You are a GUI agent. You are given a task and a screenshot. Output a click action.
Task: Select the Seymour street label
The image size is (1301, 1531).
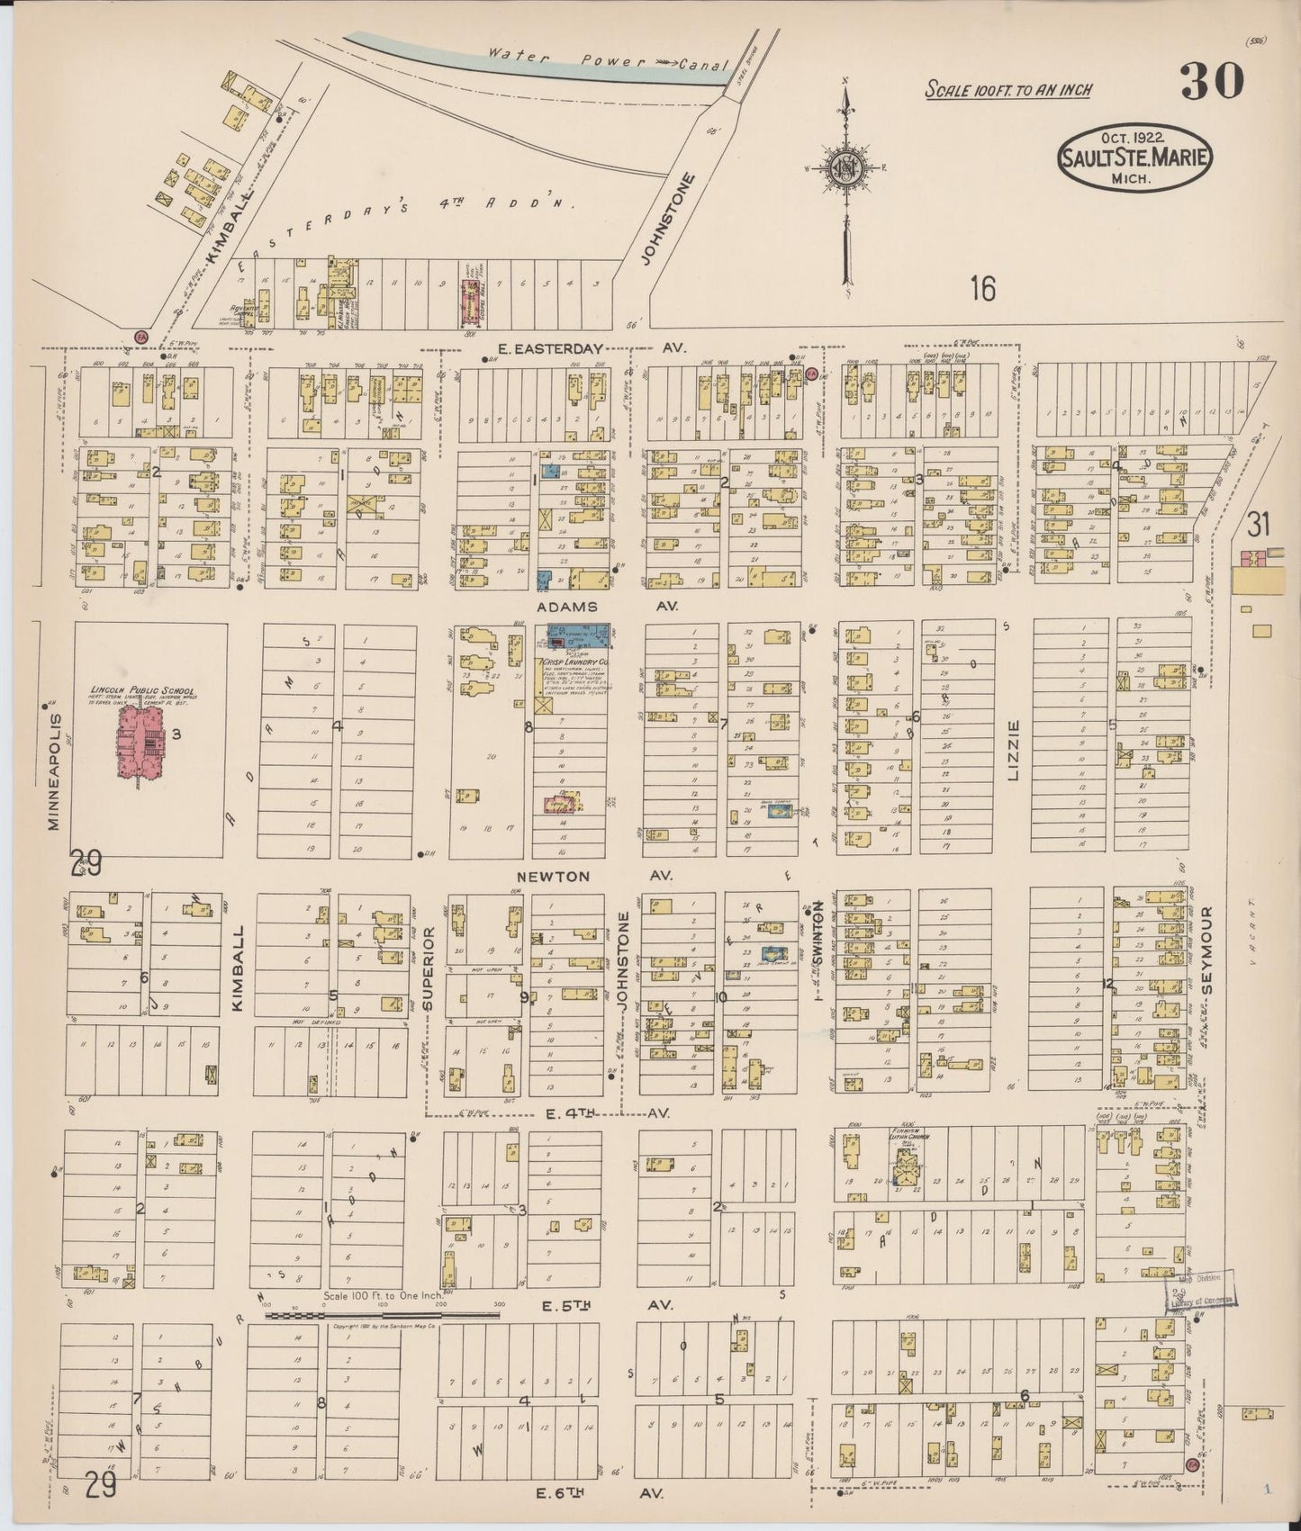pyautogui.click(x=1208, y=950)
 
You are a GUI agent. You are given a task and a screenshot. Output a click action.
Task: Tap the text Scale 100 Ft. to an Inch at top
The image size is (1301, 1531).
pyautogui.click(x=1008, y=89)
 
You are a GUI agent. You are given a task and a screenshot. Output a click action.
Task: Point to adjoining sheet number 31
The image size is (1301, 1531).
pyautogui.click(x=1257, y=525)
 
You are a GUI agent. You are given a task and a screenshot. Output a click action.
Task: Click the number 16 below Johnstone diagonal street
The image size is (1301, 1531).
pyautogui.click(x=982, y=289)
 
